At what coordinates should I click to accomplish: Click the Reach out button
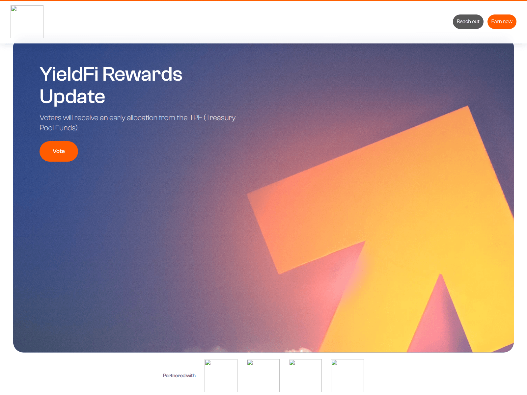tap(468, 22)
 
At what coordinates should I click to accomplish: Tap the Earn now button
tap(502, 22)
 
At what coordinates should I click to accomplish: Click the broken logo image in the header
tap(27, 22)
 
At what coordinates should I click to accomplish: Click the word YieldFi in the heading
tap(69, 74)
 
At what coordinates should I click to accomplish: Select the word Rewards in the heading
tap(142, 74)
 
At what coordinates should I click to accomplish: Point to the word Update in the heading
tap(72, 96)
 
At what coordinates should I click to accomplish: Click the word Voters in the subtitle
tap(50, 118)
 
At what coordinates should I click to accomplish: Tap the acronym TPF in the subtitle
tap(195, 118)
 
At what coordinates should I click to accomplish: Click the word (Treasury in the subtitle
tap(220, 118)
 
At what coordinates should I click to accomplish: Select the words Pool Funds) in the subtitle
tap(59, 128)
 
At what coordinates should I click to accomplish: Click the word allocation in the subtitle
tap(142, 118)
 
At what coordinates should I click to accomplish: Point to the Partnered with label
tap(179, 376)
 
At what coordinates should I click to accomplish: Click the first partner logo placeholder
tap(221, 376)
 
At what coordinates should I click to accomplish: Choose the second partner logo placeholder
tap(263, 376)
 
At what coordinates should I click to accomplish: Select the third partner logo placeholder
tap(305, 376)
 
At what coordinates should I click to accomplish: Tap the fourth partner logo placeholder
tap(347, 376)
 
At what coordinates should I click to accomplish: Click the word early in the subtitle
tap(117, 118)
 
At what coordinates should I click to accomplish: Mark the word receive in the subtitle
tap(86, 118)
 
